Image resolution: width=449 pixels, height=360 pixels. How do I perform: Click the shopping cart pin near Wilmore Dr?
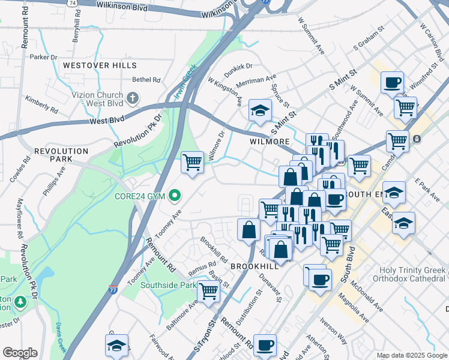click(192, 162)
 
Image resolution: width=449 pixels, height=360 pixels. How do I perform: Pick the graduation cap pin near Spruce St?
click(260, 110)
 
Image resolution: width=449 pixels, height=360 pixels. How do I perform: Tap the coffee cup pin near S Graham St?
click(392, 82)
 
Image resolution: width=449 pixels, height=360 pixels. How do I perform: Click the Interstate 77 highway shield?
click(113, 290)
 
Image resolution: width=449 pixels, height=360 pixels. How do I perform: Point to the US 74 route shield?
click(72, 3)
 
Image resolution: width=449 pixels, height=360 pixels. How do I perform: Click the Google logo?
click(20, 353)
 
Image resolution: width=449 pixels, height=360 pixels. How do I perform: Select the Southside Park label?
click(168, 286)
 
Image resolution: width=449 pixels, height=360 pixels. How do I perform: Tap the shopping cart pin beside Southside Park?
click(208, 292)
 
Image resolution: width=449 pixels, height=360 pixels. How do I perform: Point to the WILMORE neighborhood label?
click(270, 142)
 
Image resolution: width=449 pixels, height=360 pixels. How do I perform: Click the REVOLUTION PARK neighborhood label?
click(61, 155)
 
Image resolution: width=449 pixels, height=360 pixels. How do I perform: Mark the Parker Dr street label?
click(43, 58)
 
